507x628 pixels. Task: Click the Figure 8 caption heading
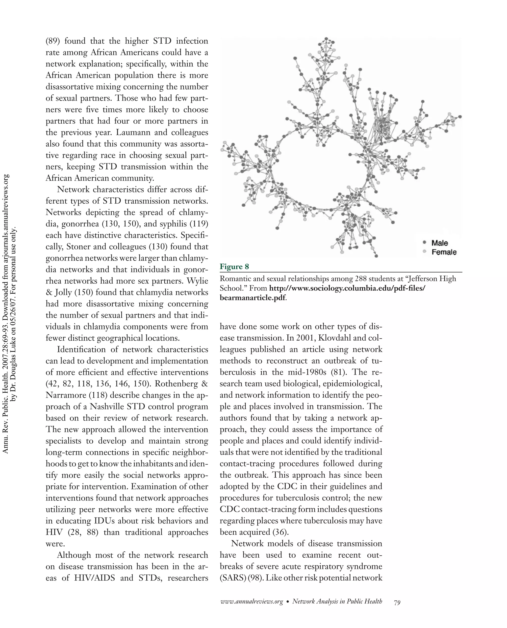point(234,267)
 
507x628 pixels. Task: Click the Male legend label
point(439,243)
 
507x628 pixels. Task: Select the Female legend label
point(444,252)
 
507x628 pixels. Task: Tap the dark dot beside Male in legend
point(425,242)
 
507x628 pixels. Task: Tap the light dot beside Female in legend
point(425,251)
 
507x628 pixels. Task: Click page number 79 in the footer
point(397,602)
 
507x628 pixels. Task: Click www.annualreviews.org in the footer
point(252,602)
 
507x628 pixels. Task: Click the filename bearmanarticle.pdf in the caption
point(253,298)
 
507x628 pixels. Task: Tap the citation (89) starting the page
point(53,41)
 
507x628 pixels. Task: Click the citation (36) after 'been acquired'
point(281,532)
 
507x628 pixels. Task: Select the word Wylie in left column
point(197,281)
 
